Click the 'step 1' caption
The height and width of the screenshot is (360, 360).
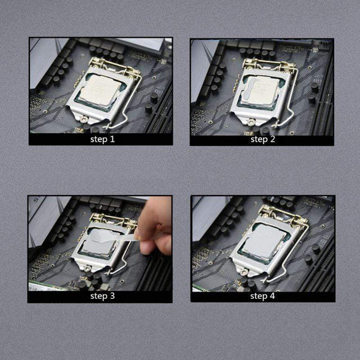(101, 139)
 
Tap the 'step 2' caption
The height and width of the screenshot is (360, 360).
(263, 139)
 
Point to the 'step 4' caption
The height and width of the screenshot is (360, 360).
(263, 296)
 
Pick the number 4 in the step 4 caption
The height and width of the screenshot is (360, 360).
(274, 296)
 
